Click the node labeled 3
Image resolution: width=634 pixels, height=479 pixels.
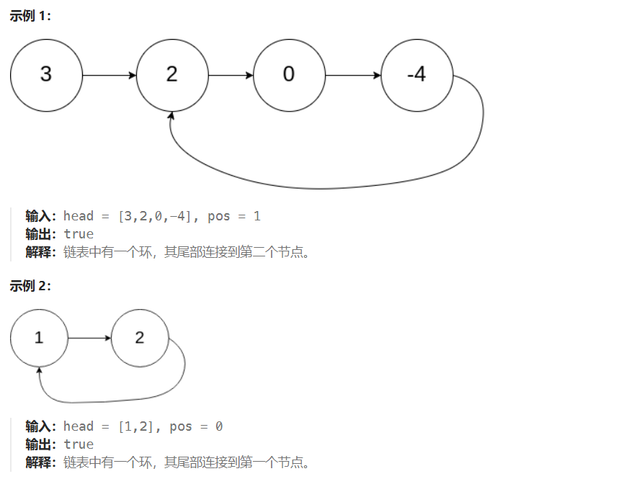[46, 75]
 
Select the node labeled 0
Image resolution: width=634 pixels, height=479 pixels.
[289, 75]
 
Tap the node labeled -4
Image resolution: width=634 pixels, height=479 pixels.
[416, 75]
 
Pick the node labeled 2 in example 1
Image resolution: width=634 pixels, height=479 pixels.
[171, 75]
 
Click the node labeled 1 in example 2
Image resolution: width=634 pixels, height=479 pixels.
[39, 338]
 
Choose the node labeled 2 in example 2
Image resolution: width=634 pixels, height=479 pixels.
[140, 338]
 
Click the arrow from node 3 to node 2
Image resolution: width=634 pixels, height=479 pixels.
[109, 75]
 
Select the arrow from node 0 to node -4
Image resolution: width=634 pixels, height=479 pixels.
[352, 75]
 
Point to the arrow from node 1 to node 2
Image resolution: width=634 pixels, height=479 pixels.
[89, 338]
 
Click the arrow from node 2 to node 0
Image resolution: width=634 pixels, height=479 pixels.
[231, 75]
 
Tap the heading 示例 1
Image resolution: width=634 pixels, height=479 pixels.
[30, 16]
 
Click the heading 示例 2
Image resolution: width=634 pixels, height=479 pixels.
[30, 286]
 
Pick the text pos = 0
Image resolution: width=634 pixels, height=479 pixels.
[196, 426]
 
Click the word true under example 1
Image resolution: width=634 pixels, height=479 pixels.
[79, 234]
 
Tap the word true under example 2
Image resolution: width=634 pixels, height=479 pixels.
[79, 444]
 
